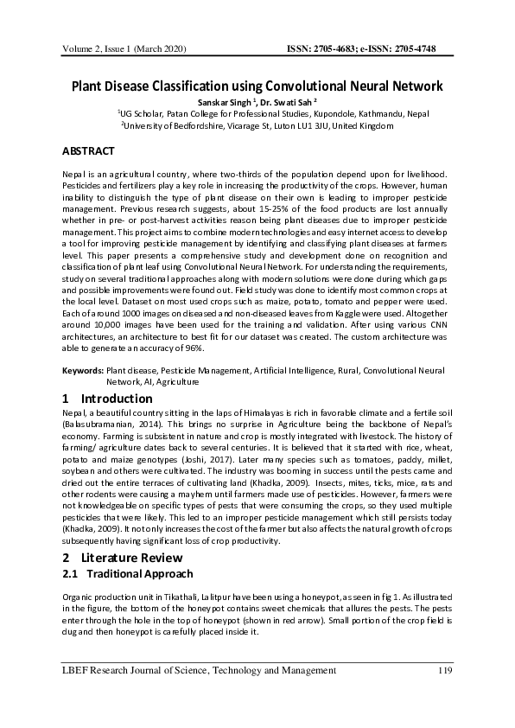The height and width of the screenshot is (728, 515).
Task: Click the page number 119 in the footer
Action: pos(445,671)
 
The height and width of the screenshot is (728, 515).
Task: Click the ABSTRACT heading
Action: pos(88,151)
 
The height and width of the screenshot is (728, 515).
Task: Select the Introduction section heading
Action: pos(116,399)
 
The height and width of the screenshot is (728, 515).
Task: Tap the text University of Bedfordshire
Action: pos(172,125)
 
